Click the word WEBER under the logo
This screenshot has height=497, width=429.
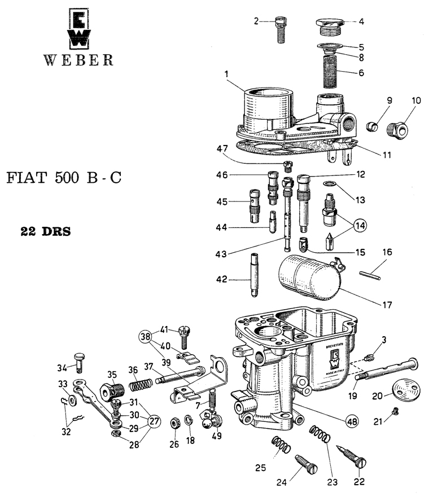(78, 60)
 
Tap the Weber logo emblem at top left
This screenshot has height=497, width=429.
(78, 28)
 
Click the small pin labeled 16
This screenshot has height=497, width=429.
(371, 275)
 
